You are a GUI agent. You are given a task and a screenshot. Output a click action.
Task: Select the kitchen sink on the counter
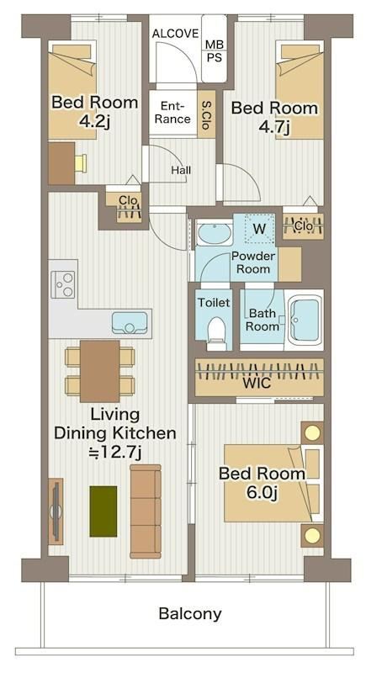pos(130,323)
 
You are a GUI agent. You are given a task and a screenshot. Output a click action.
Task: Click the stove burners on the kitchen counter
pos(62,284)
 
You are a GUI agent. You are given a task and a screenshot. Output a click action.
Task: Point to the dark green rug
pos(103,511)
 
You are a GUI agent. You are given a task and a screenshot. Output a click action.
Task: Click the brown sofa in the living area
pos(146,511)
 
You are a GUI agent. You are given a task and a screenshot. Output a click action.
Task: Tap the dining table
pos(99,371)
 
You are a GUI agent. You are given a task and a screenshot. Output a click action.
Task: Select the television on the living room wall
pos(56,511)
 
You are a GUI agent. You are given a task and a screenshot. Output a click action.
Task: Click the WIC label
pos(257,383)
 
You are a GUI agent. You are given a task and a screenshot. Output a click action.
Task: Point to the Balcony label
pos(190,614)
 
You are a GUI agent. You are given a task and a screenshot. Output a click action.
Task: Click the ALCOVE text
pos(175,34)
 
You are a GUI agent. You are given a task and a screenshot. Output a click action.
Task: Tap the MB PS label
pos(215,50)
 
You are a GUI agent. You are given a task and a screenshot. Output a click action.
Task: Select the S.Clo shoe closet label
pos(205,115)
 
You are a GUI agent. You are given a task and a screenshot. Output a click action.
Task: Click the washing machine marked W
pos(259,229)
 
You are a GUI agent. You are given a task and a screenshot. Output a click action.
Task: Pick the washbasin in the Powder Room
pos(214,234)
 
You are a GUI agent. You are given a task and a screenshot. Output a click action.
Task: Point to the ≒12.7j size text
pos(114,451)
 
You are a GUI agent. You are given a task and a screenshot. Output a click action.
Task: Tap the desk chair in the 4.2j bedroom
pos(81,163)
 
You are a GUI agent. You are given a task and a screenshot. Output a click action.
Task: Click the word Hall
pos(181,171)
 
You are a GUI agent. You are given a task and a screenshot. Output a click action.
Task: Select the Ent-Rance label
pos(172,113)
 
